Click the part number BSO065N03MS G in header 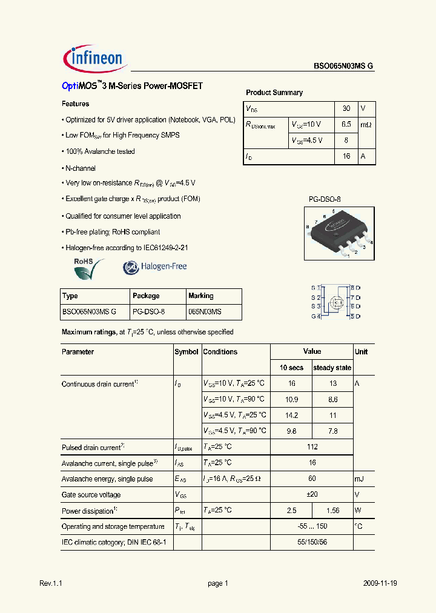(x=343, y=67)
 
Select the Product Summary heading (x=274, y=93)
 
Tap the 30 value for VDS (x=346, y=108)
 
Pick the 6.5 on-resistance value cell (x=346, y=124)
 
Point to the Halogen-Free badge (x=155, y=267)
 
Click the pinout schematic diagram (x=335, y=302)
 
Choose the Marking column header (x=201, y=296)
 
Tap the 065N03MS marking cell (x=205, y=311)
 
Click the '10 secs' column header (x=291, y=368)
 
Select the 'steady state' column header (x=332, y=368)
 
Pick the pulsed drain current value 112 (x=312, y=447)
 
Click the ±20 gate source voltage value (x=312, y=494)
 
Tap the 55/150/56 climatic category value (x=312, y=542)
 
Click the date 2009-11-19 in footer (x=380, y=583)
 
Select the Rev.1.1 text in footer (x=51, y=583)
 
